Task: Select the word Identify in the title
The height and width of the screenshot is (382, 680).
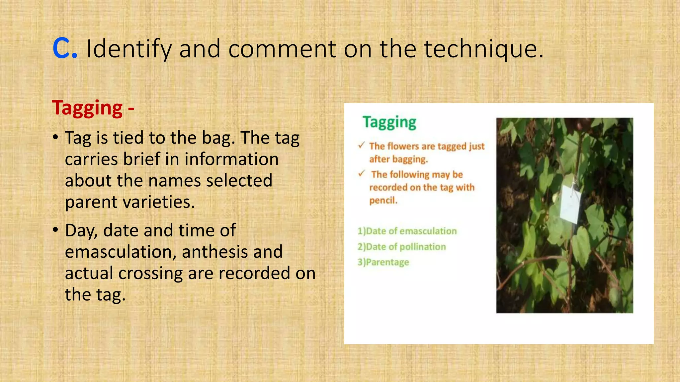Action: [129, 49]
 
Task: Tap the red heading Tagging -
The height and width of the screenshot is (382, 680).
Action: [93, 108]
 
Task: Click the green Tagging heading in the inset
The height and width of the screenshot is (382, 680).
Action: [389, 122]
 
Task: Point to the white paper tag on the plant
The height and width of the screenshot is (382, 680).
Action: [570, 204]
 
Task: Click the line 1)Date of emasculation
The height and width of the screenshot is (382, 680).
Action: [407, 231]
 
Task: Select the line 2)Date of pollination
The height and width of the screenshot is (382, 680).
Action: [401, 247]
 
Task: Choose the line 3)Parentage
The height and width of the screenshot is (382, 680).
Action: [383, 262]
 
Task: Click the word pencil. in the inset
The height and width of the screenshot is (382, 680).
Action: [383, 200]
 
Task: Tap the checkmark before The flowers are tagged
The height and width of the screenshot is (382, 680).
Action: [362, 145]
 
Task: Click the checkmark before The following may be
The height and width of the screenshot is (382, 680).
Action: [362, 173]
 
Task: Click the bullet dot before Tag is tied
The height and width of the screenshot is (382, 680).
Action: [56, 137]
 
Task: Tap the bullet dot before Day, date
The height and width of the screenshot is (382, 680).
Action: [56, 229]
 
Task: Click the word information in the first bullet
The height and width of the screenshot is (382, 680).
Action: [231, 159]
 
